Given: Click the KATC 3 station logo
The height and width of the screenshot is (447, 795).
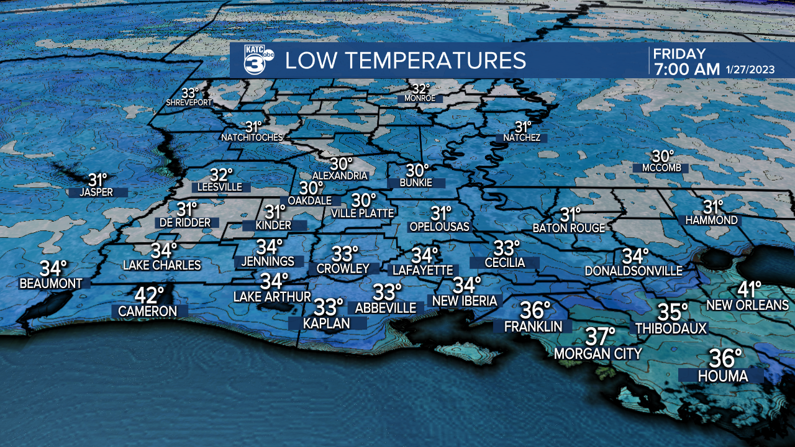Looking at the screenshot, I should point(253,60).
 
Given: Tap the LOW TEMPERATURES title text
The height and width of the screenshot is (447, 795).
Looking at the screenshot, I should point(406,60).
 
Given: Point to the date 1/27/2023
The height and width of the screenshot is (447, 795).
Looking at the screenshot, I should point(750,70).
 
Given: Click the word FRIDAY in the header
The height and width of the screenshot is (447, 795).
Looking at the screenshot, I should point(679,53).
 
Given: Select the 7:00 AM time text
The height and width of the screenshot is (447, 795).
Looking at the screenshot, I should point(686,69).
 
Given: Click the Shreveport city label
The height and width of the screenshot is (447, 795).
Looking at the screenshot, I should point(189,102).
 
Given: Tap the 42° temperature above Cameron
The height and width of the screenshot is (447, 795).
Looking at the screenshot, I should point(151,295).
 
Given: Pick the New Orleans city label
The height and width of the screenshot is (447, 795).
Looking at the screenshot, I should point(748,305).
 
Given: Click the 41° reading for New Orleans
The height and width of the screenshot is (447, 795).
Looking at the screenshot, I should point(750,289).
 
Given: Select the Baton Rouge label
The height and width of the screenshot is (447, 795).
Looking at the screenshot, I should point(569,228).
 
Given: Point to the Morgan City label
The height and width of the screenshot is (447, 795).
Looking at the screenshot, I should point(598,354).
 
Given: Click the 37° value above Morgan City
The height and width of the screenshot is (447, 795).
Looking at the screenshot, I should point(601,337).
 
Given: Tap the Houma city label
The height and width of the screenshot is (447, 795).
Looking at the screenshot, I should point(722,376).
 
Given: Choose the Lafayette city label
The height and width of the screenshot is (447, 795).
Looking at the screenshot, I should point(422,270).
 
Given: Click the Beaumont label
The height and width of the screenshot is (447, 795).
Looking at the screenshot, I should point(51,284).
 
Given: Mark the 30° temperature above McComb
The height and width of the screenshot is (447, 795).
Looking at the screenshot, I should point(663,157).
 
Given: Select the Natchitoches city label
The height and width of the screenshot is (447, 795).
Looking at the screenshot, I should point(252,137).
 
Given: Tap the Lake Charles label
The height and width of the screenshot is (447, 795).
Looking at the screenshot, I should point(162,266).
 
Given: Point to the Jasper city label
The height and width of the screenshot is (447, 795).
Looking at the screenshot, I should point(96,192).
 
